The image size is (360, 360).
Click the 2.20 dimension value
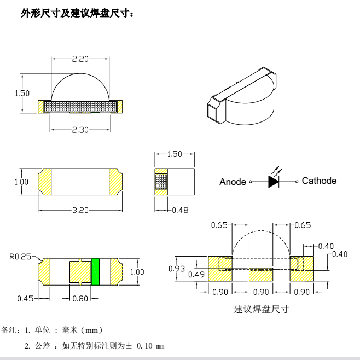(80, 59)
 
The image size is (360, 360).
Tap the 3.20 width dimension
(80, 210)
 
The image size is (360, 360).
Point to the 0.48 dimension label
(181, 210)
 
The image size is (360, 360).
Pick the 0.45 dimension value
(25, 298)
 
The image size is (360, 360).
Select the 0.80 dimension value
(80, 298)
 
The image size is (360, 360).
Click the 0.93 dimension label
(176, 268)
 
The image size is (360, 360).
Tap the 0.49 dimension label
(196, 274)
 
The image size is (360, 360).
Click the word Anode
(233, 182)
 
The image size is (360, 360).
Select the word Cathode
(319, 181)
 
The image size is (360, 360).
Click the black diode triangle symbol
(273, 181)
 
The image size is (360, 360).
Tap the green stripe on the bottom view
(95, 271)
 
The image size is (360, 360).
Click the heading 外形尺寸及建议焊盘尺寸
(77, 13)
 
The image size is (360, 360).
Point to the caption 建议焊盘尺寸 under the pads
(262, 309)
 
